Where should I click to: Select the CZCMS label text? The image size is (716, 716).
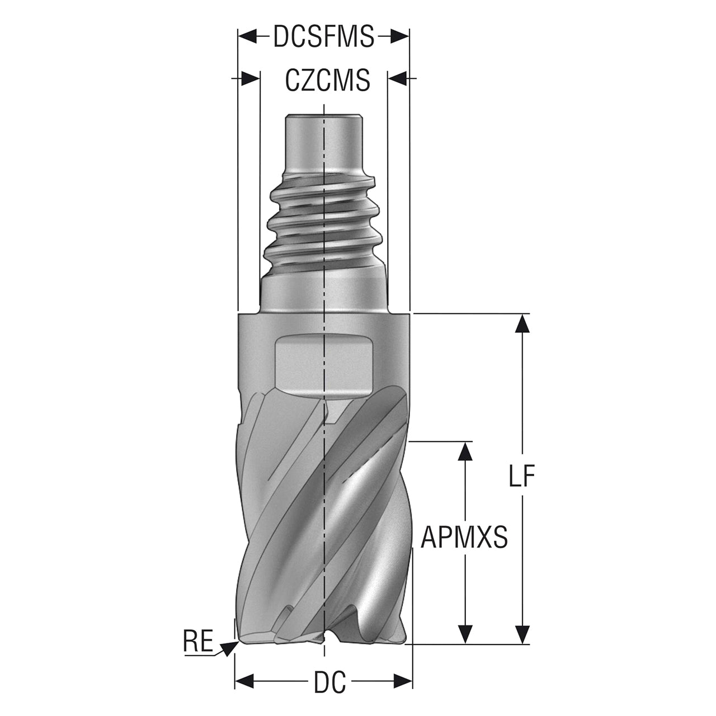point(328,80)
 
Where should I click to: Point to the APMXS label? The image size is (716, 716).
point(464,537)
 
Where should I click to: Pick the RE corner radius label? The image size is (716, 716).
point(198,640)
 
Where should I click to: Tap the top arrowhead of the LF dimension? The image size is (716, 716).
point(523,324)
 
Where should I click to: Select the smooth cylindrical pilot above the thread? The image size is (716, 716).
point(323,145)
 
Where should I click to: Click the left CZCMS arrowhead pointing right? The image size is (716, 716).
point(250,78)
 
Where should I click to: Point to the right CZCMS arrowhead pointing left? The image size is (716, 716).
point(397,78)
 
